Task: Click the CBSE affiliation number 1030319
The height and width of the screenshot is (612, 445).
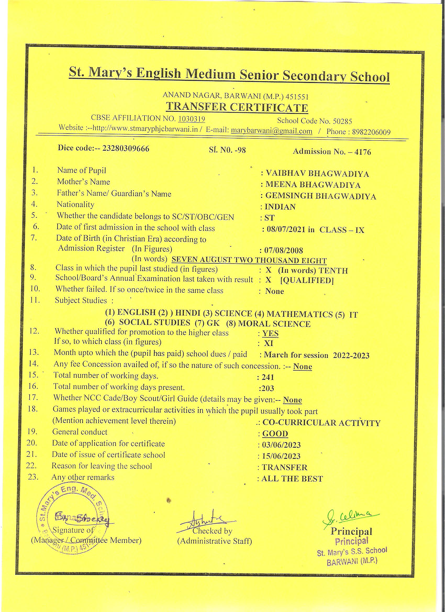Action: point(191,119)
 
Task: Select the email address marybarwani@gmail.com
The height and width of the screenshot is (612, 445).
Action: point(272,131)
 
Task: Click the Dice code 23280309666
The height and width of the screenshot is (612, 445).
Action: point(126,148)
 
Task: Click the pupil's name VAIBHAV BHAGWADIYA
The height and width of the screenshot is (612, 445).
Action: point(317,174)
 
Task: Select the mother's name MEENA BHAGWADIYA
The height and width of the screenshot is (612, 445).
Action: point(313,185)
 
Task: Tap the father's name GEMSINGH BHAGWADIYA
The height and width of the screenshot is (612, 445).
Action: point(321,196)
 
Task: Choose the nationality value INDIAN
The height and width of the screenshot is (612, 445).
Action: point(280,207)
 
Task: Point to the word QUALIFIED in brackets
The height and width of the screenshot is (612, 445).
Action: point(307,281)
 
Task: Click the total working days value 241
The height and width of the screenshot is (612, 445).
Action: point(268,377)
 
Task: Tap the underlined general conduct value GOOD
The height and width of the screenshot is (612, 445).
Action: point(275,434)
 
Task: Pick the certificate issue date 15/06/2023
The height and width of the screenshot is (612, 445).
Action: point(281,456)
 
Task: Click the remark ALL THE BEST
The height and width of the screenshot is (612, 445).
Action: point(292,479)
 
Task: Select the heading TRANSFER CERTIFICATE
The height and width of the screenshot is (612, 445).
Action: point(237,107)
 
